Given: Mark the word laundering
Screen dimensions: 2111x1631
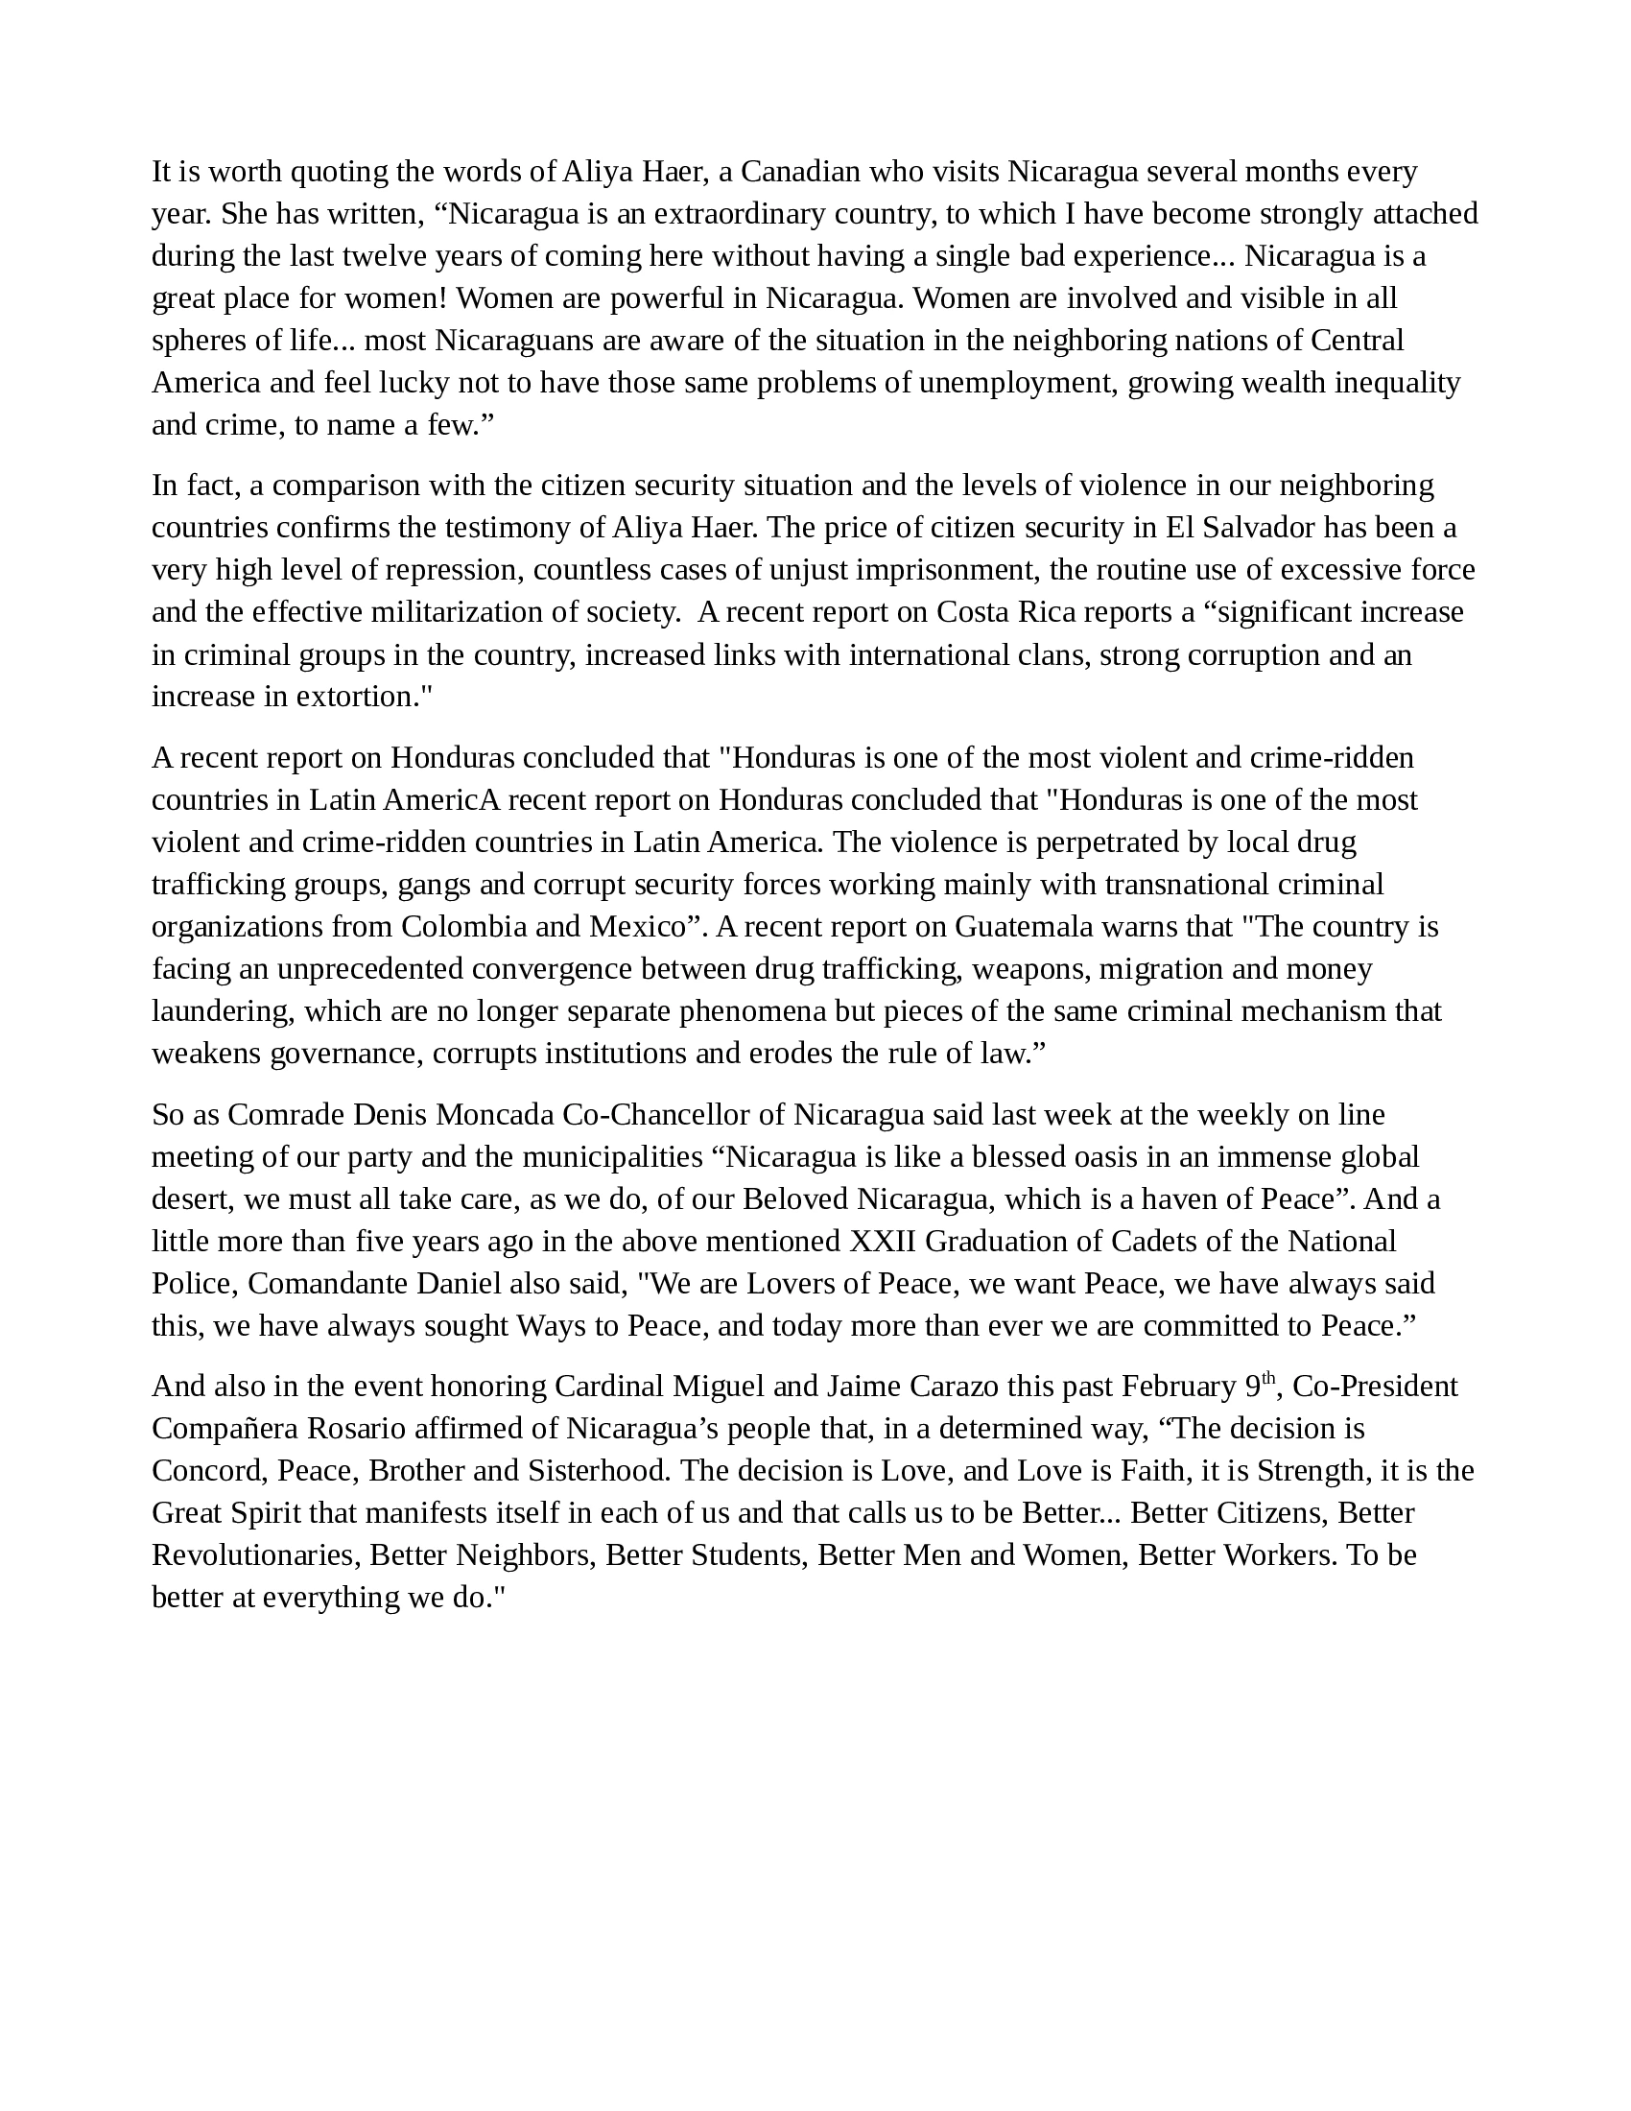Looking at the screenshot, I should pyautogui.click(x=224, y=1011).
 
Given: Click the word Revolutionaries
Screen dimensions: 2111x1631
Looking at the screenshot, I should pyautogui.click(x=256, y=1555).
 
